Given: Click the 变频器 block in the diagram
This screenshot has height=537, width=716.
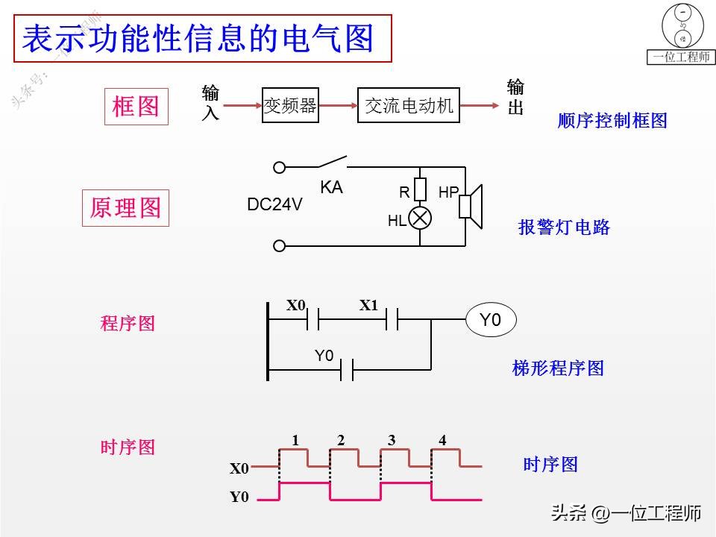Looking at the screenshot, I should coord(290,106).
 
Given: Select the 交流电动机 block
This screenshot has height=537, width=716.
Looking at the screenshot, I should coord(409,106).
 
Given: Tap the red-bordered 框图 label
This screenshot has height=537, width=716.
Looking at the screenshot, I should coord(136,106).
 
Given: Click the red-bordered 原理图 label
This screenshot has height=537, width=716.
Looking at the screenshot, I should coord(125,207).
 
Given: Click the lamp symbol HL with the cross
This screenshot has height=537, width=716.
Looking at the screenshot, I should coord(421,218).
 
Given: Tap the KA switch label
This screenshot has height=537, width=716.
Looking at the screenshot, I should coord(331,188).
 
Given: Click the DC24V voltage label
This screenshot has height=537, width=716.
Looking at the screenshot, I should coord(274,204).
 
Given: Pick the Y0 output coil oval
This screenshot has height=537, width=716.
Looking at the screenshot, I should coord(490,321).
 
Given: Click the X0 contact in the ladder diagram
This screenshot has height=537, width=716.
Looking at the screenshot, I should coord(313,321).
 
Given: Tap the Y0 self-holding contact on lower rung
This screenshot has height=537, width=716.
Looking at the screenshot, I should coord(347,369).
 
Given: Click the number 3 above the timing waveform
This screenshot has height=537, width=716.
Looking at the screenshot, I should coord(392,440).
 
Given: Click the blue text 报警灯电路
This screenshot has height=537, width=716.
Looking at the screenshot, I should coord(564,227).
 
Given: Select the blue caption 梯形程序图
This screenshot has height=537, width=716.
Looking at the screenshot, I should coord(558,368).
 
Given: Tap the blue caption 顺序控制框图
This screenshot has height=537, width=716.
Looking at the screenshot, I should coord(612,120).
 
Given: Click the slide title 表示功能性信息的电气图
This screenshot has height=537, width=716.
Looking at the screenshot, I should coord(198,40).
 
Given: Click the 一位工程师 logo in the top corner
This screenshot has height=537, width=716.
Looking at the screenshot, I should coord(681,34).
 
